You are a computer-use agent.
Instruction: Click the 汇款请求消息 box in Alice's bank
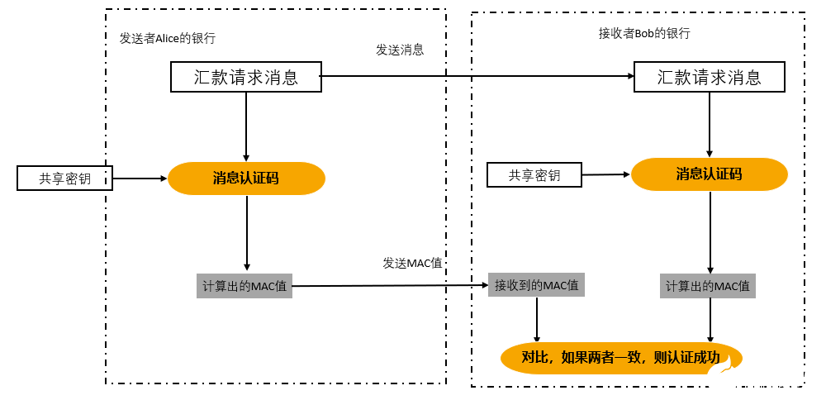(x=246, y=78)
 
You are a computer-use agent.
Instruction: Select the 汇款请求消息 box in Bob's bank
(x=709, y=78)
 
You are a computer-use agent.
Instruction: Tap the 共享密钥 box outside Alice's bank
(x=64, y=178)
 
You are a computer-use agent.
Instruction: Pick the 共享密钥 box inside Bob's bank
(x=534, y=175)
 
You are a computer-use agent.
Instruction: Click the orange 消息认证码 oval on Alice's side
(x=246, y=178)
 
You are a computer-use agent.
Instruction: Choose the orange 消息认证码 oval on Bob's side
(x=709, y=174)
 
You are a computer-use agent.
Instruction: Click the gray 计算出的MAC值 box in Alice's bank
(x=244, y=286)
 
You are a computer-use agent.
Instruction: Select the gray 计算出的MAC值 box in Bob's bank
(x=708, y=286)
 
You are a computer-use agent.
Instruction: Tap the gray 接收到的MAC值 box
(x=536, y=285)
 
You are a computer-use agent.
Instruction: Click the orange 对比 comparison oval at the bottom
(x=620, y=358)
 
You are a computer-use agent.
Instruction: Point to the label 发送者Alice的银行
(x=168, y=38)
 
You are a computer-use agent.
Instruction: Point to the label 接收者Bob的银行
(x=644, y=33)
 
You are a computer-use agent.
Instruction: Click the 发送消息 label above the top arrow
(x=400, y=50)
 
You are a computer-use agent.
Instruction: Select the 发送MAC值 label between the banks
(x=412, y=263)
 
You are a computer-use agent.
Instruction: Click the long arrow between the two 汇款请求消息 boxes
(x=477, y=77)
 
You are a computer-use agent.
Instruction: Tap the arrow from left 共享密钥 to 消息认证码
(x=140, y=178)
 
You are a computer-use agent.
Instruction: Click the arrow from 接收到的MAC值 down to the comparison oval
(x=537, y=320)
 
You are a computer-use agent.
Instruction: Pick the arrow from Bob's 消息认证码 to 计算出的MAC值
(x=710, y=232)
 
